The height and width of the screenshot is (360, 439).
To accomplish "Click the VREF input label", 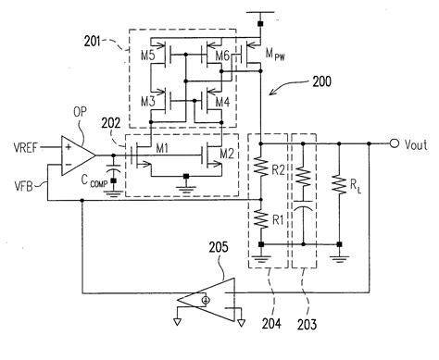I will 25,145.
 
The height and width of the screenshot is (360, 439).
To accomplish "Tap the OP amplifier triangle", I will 76,153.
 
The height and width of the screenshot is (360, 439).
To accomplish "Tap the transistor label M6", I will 220,56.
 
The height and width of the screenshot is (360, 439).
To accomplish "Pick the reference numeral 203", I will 306,324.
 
